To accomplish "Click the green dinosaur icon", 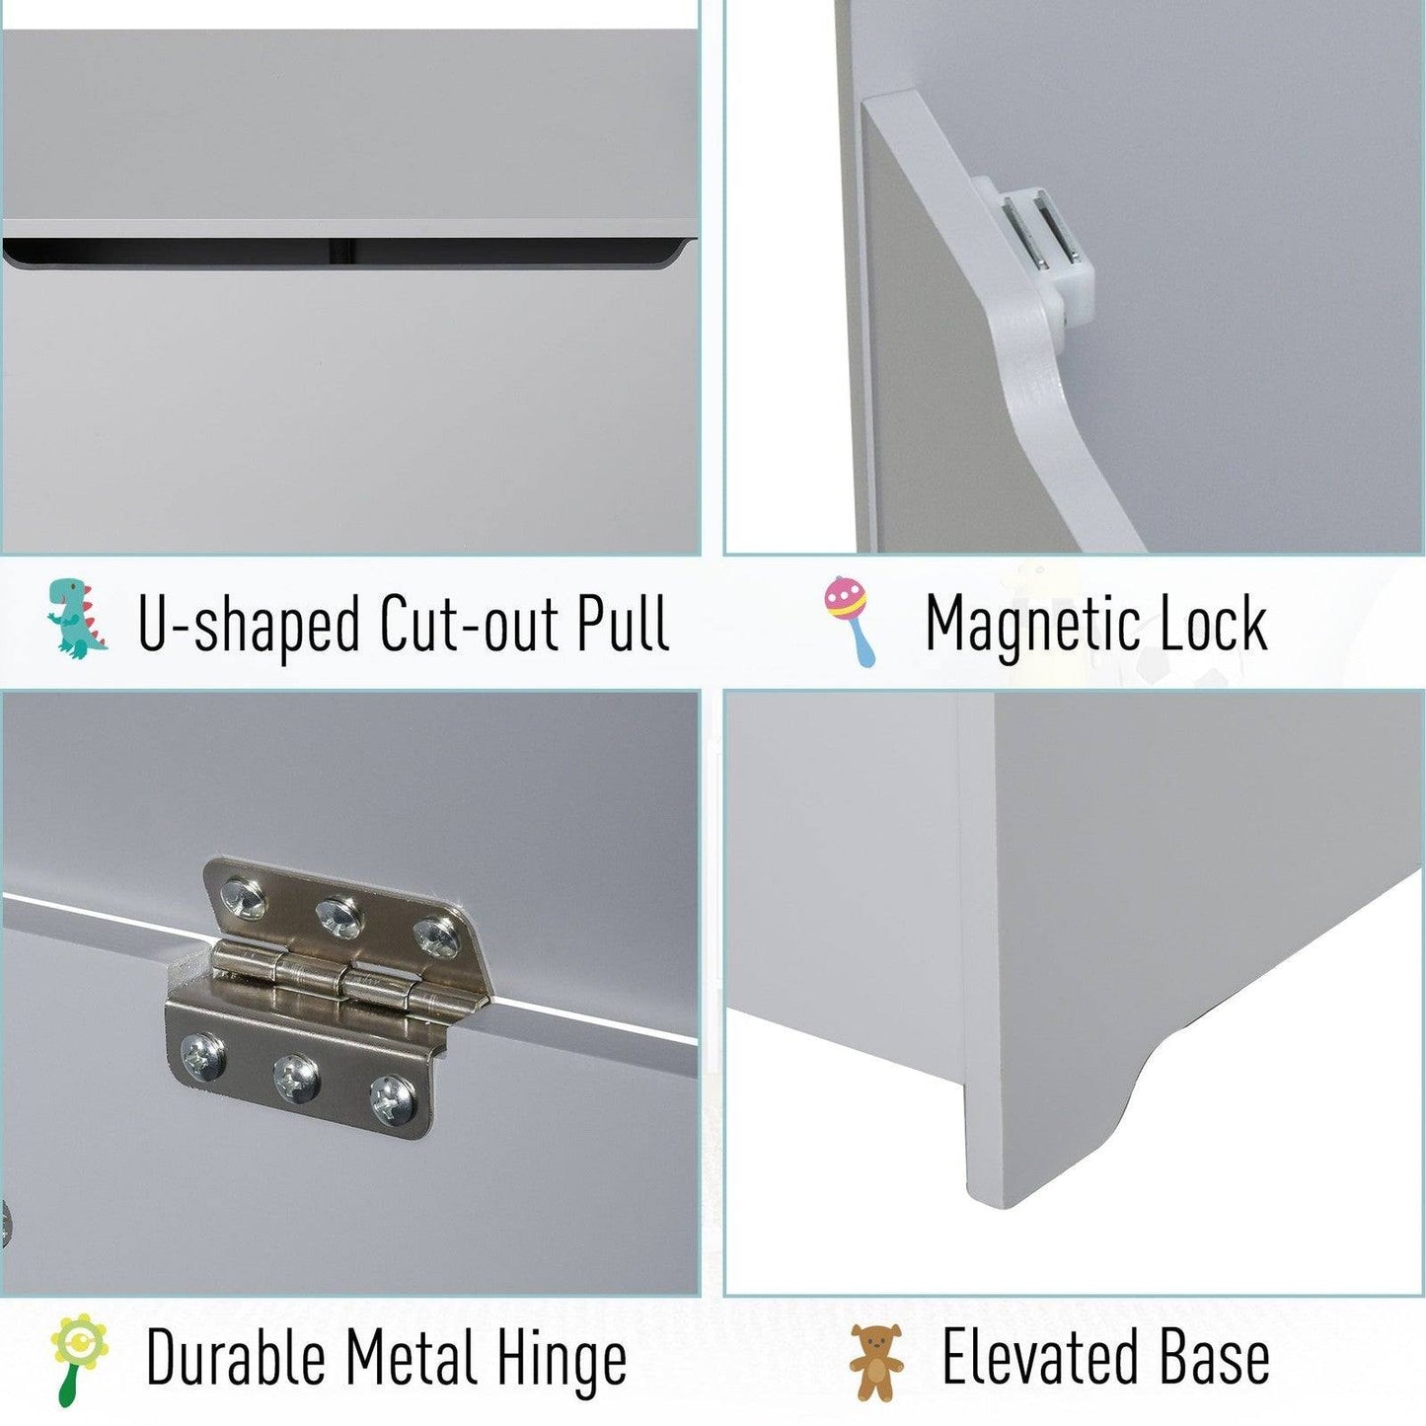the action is pyautogui.click(x=77, y=619).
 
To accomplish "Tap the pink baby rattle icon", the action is pyautogui.click(x=851, y=620).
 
